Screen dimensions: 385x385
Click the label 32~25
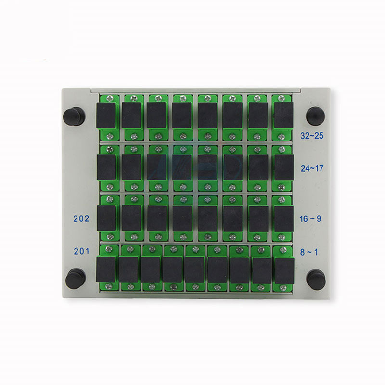[x=312, y=136]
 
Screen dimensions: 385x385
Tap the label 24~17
[x=312, y=168]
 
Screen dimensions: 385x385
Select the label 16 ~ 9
[x=310, y=218]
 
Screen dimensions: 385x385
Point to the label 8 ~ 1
[x=309, y=252]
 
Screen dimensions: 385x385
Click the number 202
[x=81, y=218]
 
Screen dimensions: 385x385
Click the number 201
[x=81, y=251]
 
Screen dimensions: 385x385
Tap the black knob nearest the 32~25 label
[x=316, y=116]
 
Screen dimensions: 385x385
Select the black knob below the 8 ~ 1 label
[x=316, y=280]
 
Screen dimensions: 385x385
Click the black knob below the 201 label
[x=76, y=279]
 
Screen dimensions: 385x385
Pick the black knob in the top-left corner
[x=74, y=116]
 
